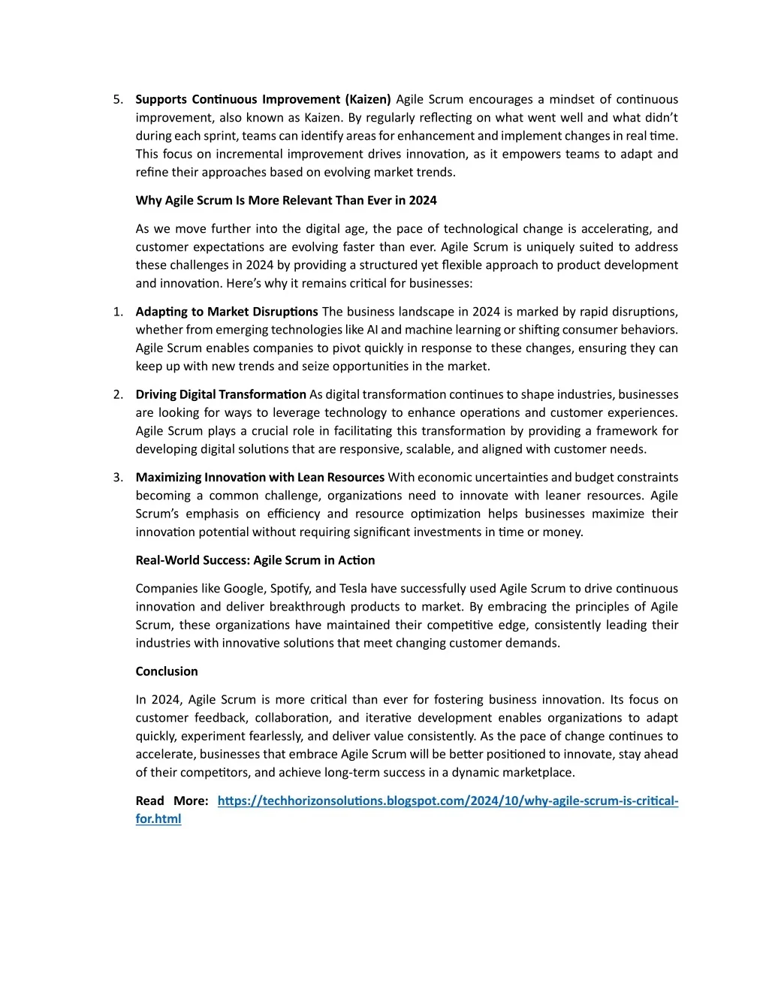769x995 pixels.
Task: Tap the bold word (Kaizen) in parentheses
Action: [x=368, y=100]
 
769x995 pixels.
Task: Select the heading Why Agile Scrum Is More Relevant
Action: [x=285, y=201]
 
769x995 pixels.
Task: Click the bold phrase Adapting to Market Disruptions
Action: [x=227, y=312]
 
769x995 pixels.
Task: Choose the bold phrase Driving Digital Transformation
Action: [x=221, y=395]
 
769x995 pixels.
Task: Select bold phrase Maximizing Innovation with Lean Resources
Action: [x=260, y=478]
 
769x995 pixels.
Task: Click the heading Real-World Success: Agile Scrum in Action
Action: [x=255, y=560]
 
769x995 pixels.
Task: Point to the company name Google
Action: [x=243, y=589]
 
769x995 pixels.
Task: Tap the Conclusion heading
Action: [x=167, y=671]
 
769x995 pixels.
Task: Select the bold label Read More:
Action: [x=172, y=801]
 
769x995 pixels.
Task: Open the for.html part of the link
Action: [x=158, y=819]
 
